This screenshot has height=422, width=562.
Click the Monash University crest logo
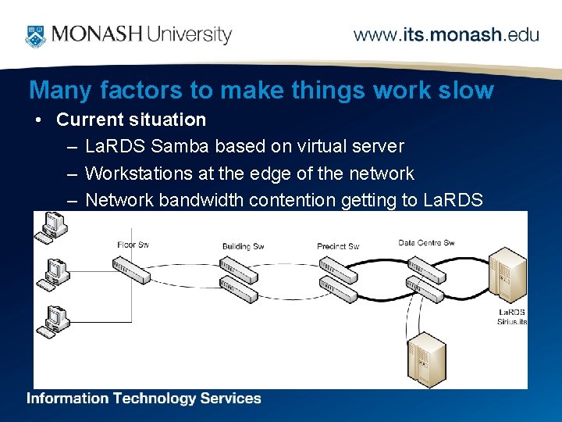35,34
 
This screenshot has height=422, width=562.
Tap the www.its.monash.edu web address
446,35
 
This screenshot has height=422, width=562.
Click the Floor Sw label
132,245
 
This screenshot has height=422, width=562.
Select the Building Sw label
243,247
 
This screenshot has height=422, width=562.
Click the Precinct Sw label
337,247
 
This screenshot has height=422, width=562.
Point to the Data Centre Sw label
426,243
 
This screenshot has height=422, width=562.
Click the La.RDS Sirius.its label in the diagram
512,317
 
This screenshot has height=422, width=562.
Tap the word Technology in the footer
155,399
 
